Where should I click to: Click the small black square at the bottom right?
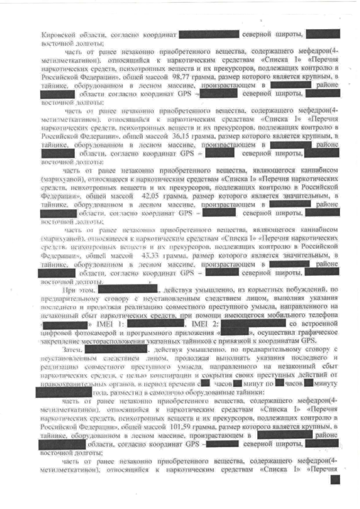coord(335,479)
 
